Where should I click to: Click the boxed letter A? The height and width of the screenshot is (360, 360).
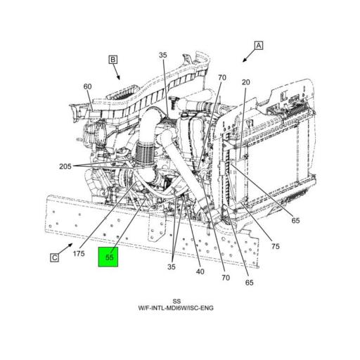pos(259,46)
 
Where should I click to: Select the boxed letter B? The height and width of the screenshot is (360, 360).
pos(112,60)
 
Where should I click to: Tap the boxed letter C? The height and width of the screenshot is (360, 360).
pos(54,258)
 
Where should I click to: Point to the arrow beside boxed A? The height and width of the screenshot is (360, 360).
pos(247,56)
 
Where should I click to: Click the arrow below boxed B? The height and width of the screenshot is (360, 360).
pos(118,72)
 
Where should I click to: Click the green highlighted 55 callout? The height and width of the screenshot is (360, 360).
pos(109,258)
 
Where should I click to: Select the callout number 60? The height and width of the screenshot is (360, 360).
pos(88,87)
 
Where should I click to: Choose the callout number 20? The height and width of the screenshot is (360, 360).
pos(245,82)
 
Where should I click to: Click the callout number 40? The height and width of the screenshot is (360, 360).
pos(200,272)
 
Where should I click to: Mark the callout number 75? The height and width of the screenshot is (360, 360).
pos(276,246)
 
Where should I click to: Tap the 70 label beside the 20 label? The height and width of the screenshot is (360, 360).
pos(221,77)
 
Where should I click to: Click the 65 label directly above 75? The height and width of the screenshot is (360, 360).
pos(295,220)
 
